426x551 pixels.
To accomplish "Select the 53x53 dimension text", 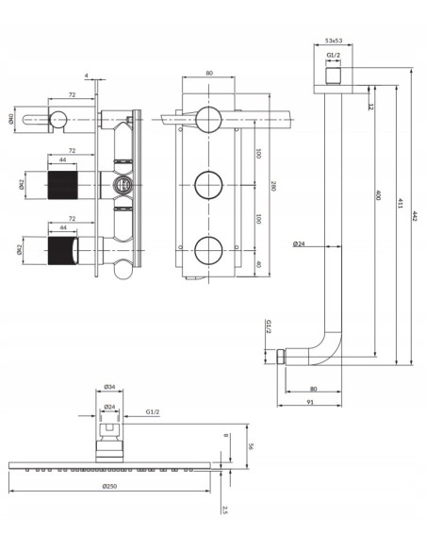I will click(x=334, y=42).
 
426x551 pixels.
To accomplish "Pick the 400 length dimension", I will click(x=378, y=200).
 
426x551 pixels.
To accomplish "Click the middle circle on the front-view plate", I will click(x=207, y=181).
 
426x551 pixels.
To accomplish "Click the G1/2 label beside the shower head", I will click(x=152, y=412).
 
